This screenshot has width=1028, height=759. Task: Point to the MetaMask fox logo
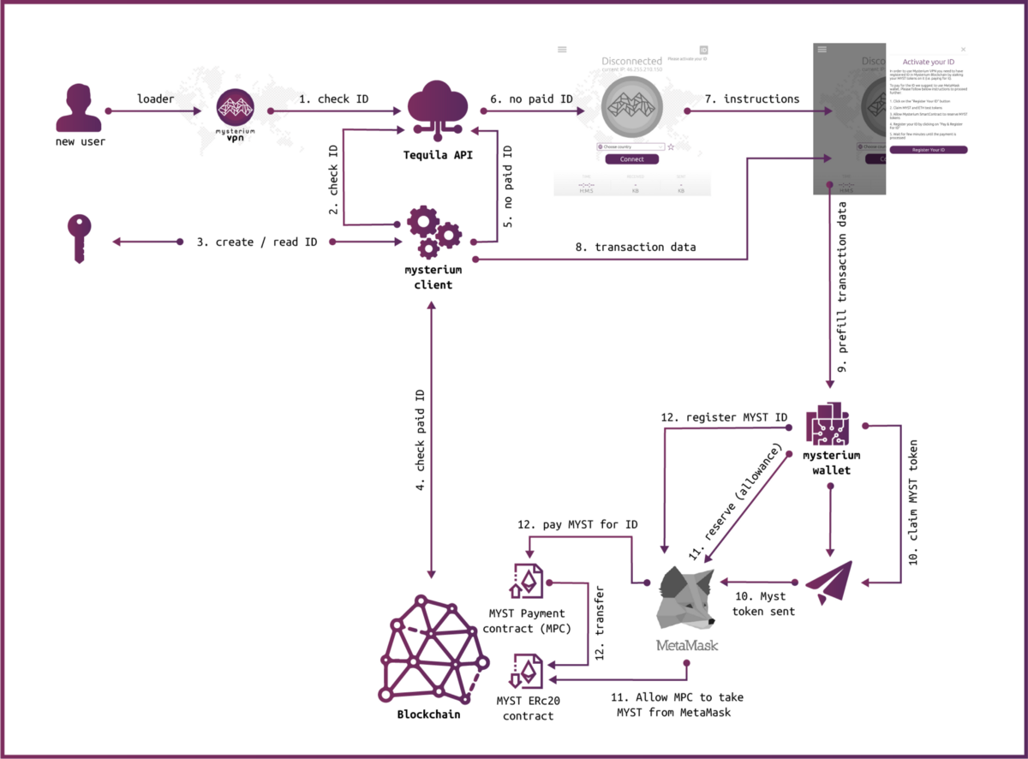685,600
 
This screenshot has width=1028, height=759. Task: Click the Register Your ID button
928,150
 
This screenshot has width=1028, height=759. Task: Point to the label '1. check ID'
334,99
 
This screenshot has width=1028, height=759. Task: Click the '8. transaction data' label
634,247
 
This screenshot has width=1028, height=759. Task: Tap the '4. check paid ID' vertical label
421,442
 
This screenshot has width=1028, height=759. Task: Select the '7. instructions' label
751,99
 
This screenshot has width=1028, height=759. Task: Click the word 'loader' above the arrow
156,99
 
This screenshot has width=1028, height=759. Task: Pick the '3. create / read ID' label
257,242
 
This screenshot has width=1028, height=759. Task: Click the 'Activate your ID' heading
928,62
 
